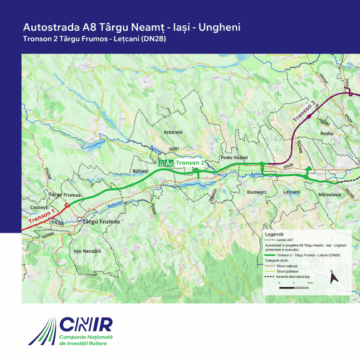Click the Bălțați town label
139,171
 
